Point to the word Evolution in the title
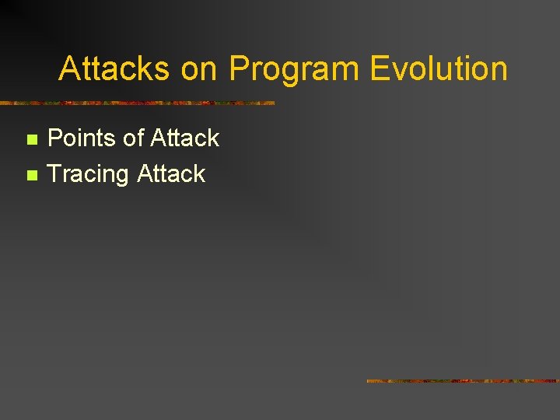tap(439, 68)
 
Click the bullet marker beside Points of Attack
tap(31, 139)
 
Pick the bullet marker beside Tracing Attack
tap(31, 175)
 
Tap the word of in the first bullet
tap(134, 138)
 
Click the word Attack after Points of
tap(185, 138)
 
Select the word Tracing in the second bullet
tap(88, 174)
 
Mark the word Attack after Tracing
tap(171, 173)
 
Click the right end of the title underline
tap(273, 103)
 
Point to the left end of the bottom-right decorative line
tap(368, 381)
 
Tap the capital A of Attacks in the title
tap(69, 68)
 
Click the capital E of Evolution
tap(379, 68)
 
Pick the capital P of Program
tap(239, 68)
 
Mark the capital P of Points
tap(56, 138)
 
